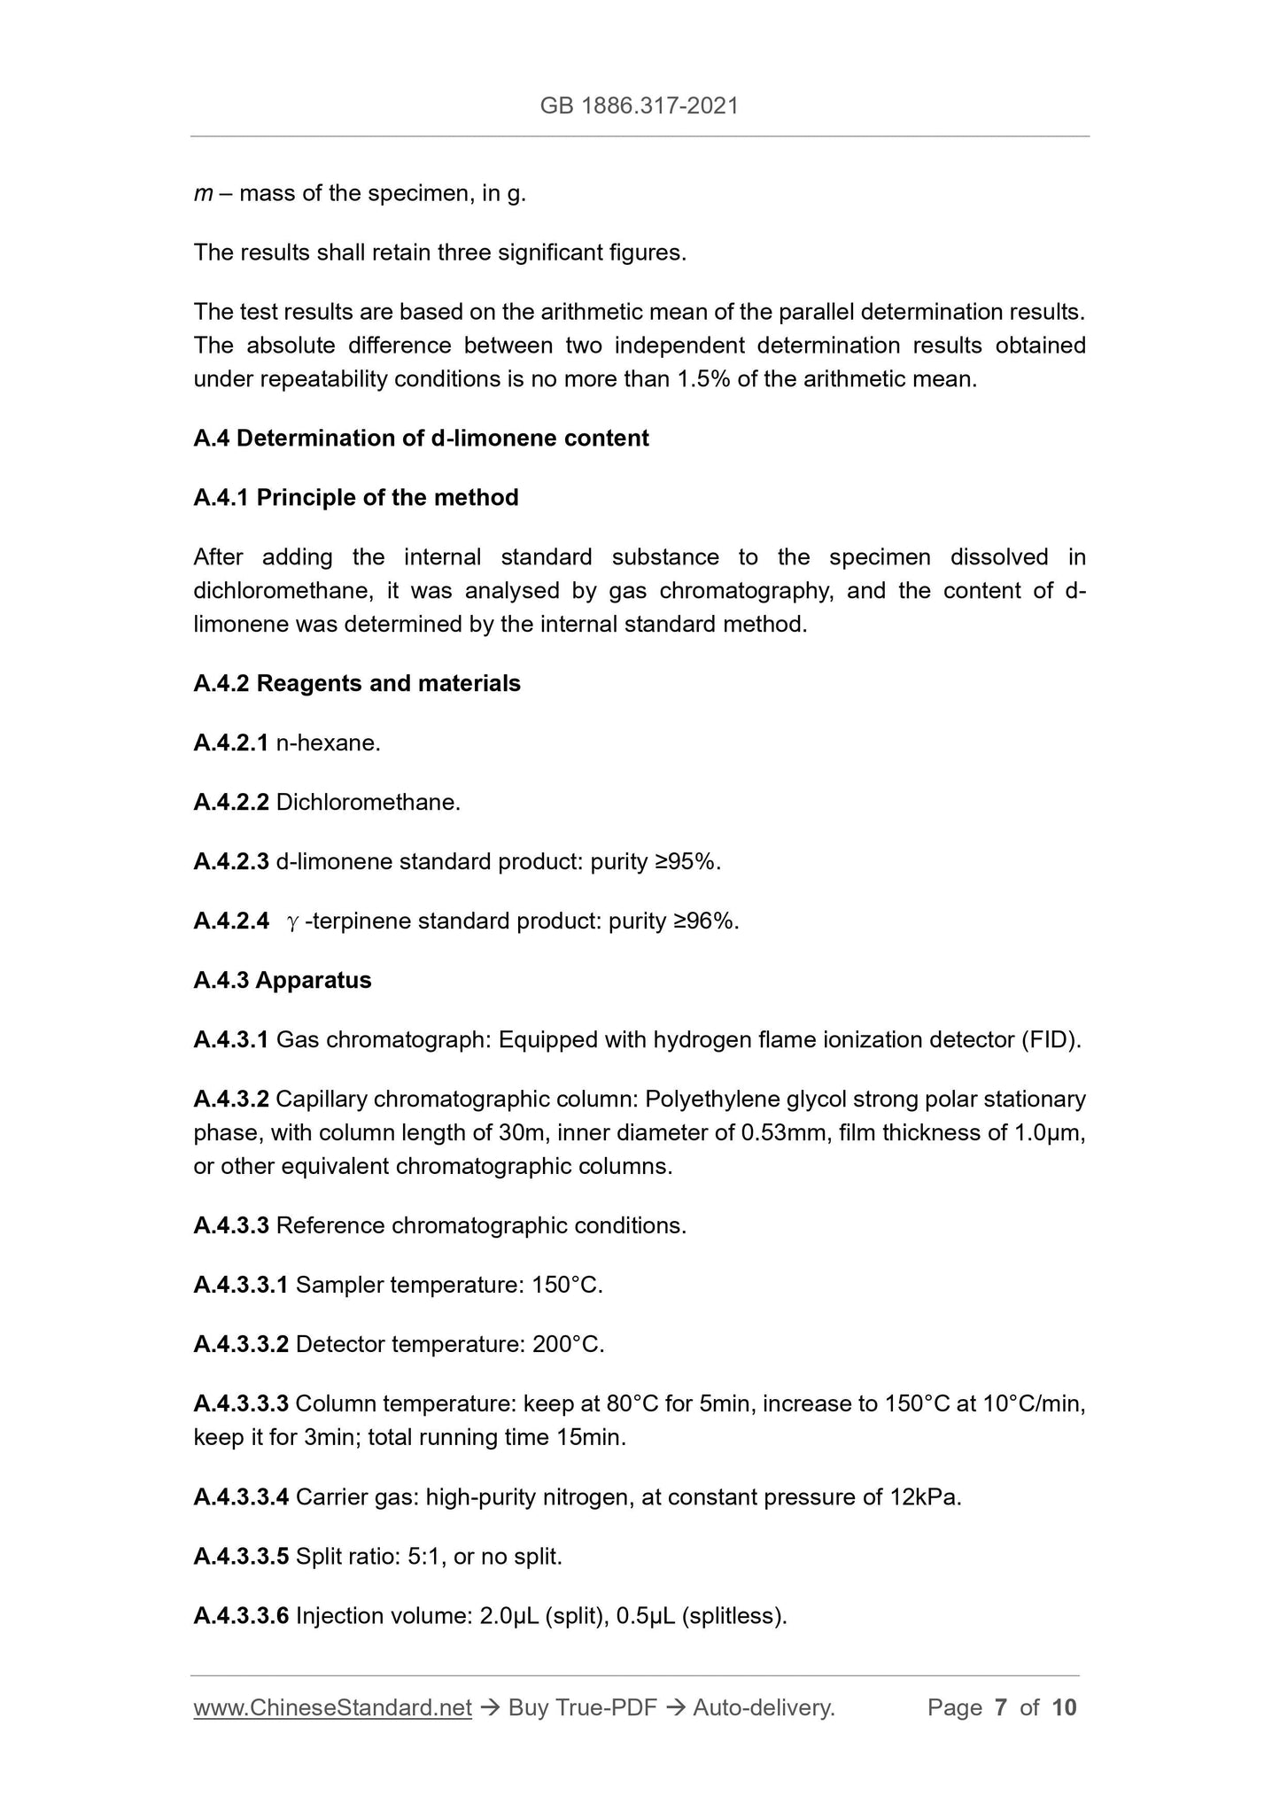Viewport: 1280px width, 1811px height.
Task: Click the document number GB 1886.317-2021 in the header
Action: pos(639,106)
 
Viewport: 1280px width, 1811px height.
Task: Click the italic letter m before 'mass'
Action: pos(203,194)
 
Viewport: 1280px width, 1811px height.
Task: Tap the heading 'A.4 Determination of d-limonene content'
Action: pos(421,439)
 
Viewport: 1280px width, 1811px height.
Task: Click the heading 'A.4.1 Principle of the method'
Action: pos(356,498)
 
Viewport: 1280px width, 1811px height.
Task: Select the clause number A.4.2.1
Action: pos(230,743)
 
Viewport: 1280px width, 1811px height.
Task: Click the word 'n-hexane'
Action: pos(328,743)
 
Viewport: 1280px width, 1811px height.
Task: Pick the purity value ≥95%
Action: pos(687,862)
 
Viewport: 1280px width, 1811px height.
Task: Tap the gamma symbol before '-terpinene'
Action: pos(293,923)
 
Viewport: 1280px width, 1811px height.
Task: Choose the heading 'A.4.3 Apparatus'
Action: pos(283,981)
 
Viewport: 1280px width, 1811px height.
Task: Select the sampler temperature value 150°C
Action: pos(567,1286)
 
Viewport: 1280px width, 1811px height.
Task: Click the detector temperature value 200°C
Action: pos(568,1345)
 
